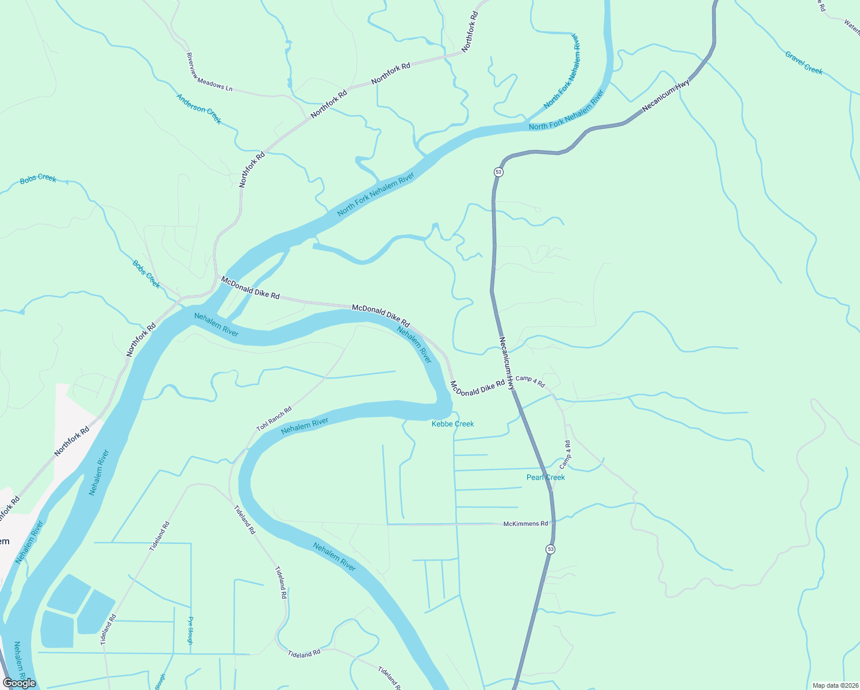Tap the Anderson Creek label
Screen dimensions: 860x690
click(199, 109)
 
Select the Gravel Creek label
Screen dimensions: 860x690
click(804, 63)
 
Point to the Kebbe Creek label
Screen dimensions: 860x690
click(453, 424)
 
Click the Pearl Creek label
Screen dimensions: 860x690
click(546, 477)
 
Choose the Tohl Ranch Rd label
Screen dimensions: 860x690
click(274, 419)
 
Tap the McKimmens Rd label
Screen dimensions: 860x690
click(525, 524)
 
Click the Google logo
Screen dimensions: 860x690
click(20, 683)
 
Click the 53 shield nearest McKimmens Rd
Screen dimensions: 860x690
click(551, 549)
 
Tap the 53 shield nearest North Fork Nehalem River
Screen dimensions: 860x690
click(498, 172)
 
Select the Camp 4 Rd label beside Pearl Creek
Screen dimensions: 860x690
click(566, 454)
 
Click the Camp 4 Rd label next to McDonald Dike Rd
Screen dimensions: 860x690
click(530, 381)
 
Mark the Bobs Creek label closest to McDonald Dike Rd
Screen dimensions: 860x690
click(147, 274)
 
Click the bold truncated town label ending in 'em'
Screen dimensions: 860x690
click(5, 541)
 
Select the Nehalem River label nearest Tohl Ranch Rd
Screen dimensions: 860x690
click(305, 426)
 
